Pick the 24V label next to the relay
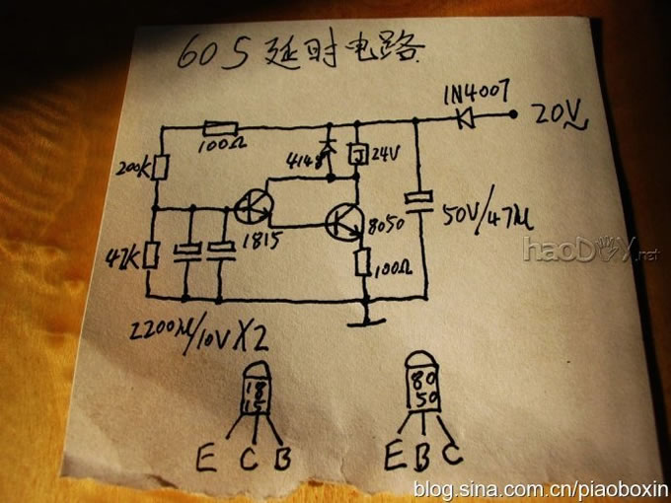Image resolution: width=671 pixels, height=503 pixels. click(x=386, y=153)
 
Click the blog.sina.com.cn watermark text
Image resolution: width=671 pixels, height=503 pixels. click(x=541, y=488)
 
